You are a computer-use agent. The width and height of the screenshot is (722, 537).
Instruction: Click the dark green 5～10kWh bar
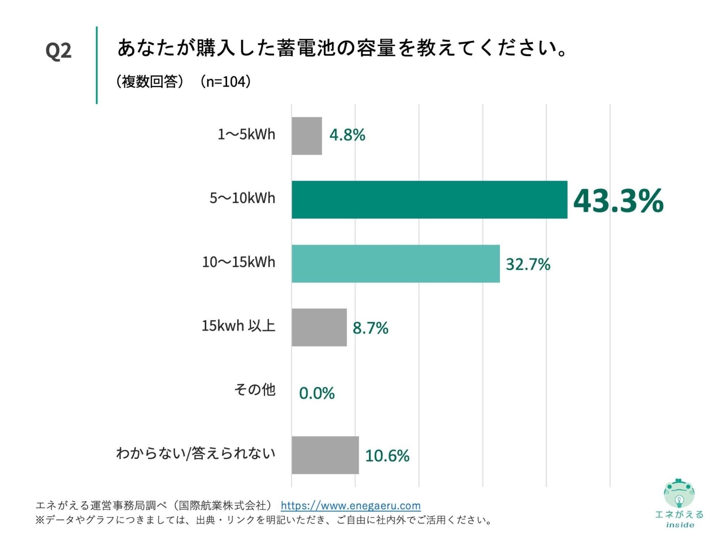(x=429, y=199)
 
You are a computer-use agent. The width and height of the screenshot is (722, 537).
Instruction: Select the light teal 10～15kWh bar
(x=395, y=263)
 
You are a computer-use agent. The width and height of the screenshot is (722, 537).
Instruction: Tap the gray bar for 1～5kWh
(x=307, y=136)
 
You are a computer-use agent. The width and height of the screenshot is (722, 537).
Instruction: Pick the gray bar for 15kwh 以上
(x=319, y=327)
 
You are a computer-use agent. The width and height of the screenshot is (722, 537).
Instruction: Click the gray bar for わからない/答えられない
(x=325, y=455)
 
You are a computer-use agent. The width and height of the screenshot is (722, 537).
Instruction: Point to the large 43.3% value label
(x=618, y=201)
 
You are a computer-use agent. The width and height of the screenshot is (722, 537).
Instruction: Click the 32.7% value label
(x=528, y=264)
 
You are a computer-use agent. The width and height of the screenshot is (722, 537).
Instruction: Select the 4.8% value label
(x=347, y=135)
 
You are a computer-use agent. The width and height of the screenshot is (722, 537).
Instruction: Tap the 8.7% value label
(x=370, y=328)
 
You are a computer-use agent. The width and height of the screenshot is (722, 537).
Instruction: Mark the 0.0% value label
(x=317, y=393)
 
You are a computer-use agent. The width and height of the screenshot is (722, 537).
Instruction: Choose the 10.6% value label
(x=387, y=455)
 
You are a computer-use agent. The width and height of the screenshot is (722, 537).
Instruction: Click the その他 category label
(x=255, y=389)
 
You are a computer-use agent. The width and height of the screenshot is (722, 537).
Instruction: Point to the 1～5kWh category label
(x=246, y=134)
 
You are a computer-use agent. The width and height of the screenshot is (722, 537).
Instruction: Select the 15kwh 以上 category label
(x=238, y=326)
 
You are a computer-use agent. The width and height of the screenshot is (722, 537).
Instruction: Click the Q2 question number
(x=59, y=50)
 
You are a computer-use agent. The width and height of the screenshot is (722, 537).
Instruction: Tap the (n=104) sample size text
(x=225, y=82)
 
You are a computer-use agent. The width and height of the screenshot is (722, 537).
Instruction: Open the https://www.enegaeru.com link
(x=350, y=505)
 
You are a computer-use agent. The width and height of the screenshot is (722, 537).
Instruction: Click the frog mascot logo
(x=679, y=493)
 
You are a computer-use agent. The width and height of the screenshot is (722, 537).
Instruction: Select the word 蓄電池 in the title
(x=306, y=48)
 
